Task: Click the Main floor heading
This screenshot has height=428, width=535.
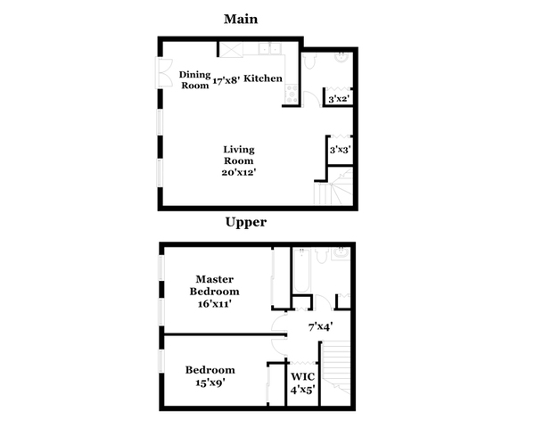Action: (x=241, y=19)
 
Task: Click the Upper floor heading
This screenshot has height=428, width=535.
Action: (x=246, y=222)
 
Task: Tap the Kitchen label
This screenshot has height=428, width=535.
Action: (x=263, y=78)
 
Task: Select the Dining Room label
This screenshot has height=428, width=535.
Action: (x=194, y=80)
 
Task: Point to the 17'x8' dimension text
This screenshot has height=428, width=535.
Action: (x=226, y=81)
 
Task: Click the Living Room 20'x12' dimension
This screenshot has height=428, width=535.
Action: (x=239, y=172)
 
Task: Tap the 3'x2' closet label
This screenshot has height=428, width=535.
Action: (x=339, y=99)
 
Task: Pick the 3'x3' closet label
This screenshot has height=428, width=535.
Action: (x=341, y=150)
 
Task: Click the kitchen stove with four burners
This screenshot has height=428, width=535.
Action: (x=292, y=94)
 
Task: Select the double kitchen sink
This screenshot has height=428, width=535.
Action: (x=270, y=48)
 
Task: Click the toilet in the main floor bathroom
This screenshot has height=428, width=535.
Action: (x=309, y=62)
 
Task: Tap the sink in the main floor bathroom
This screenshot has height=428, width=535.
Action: (x=342, y=57)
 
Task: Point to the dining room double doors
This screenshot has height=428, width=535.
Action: (x=164, y=73)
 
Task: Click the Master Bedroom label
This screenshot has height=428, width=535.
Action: (x=215, y=285)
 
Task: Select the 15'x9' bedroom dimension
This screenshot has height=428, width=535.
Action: (x=210, y=383)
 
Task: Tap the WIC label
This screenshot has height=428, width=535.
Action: (x=302, y=377)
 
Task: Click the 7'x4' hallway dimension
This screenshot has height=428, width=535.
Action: (x=321, y=327)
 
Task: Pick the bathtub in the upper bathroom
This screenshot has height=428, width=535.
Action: (x=302, y=271)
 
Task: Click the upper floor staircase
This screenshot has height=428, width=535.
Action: (x=336, y=367)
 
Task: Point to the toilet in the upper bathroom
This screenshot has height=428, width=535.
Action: (x=321, y=256)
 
